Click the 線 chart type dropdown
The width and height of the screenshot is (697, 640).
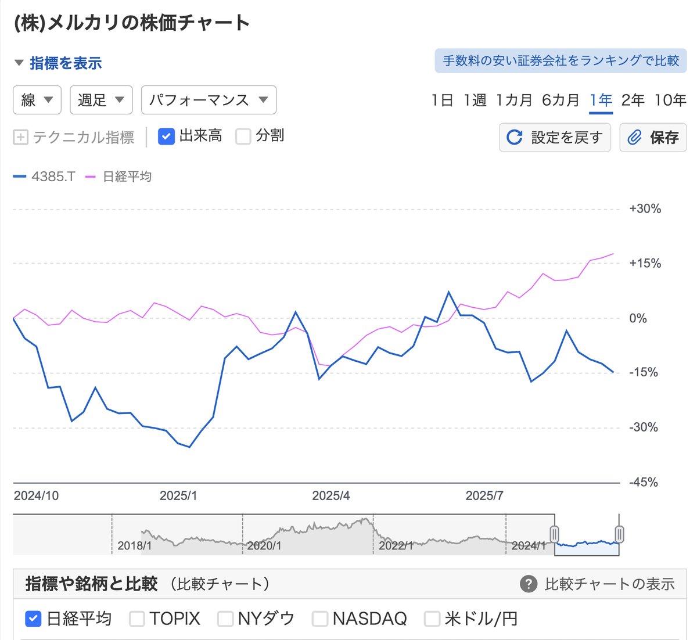click(x=37, y=100)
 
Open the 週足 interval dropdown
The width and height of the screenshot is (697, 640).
click(x=101, y=100)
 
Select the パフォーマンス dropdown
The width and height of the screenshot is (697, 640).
click(x=209, y=100)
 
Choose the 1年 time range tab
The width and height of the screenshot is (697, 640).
click(x=601, y=100)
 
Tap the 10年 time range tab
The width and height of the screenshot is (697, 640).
click(x=670, y=100)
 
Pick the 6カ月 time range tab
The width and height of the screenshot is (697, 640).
click(x=561, y=100)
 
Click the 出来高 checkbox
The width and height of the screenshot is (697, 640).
click(x=167, y=136)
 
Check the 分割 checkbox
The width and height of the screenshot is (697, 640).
click(x=243, y=136)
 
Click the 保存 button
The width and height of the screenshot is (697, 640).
click(x=653, y=137)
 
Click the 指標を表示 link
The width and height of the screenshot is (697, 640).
click(x=65, y=63)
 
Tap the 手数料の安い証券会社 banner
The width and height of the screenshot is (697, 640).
click(x=561, y=60)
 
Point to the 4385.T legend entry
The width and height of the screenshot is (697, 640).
click(x=45, y=177)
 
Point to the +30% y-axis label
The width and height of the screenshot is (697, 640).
click(x=645, y=209)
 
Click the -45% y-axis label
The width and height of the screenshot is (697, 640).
click(x=644, y=482)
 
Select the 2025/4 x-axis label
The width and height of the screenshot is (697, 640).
click(x=330, y=496)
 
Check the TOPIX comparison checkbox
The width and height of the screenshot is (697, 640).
click(x=137, y=619)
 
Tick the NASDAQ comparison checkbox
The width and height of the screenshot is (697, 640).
click(x=320, y=619)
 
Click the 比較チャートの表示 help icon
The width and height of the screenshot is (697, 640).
click(x=529, y=584)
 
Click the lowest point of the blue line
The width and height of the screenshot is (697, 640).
click(x=189, y=447)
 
